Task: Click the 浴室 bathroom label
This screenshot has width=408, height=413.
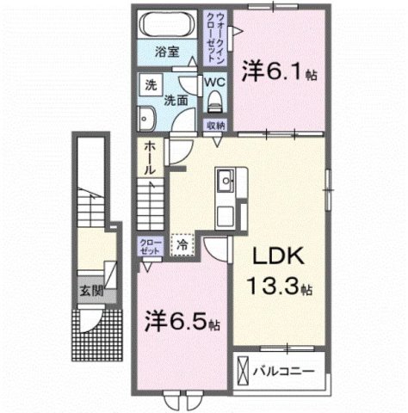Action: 167,52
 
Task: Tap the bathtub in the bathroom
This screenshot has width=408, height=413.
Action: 168,22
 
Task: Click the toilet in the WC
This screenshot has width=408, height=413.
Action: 215,101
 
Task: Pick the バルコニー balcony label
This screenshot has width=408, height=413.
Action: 283,372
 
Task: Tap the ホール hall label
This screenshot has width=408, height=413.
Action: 150,158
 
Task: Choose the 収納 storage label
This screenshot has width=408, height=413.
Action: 215,126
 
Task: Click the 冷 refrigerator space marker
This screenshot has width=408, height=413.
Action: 182,244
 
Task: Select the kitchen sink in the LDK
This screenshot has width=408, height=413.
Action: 227,182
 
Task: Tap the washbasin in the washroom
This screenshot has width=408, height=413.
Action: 146,118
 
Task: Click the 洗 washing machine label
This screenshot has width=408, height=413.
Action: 150,87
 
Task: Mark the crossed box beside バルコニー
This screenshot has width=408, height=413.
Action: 243,373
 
